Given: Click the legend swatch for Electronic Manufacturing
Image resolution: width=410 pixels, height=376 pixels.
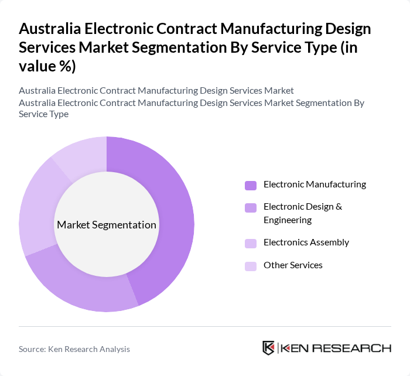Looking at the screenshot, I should point(251,186).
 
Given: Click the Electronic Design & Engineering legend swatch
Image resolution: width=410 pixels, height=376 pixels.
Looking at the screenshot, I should point(251,208).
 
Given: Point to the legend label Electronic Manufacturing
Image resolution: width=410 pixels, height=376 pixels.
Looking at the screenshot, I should point(315,184).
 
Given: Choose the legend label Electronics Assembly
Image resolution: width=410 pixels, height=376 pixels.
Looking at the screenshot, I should point(306,242).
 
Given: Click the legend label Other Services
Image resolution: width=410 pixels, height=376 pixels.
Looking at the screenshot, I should point(293,265).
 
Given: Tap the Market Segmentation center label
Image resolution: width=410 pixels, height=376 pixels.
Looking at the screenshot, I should point(107,225).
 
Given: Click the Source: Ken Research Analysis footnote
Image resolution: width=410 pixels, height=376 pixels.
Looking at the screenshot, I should point(74,349).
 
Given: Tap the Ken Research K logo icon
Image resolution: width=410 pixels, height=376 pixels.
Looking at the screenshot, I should point(269,348).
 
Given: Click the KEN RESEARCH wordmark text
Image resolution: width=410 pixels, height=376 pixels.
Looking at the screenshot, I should point(336,348).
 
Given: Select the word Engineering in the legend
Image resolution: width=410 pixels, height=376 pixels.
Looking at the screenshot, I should point(288,220).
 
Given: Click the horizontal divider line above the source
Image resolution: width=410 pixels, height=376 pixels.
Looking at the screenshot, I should point(205,326).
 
